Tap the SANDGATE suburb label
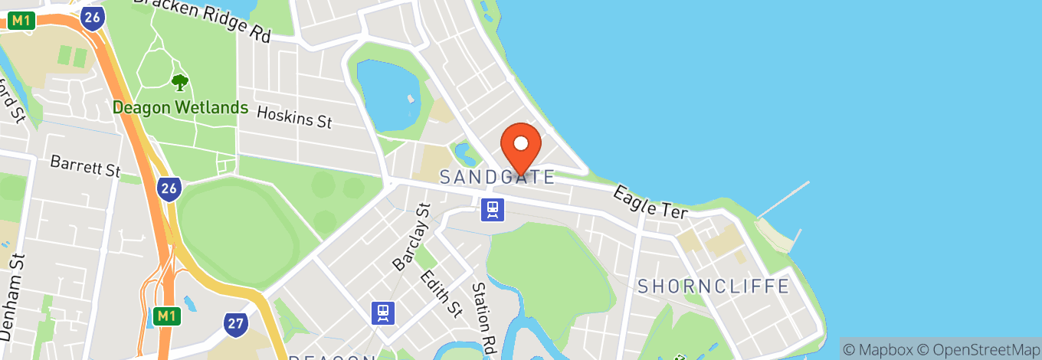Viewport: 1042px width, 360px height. pyautogui.click(x=496, y=178)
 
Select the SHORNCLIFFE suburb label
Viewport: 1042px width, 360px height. pyautogui.click(x=713, y=286)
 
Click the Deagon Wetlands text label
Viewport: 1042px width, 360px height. pyautogui.click(x=180, y=107)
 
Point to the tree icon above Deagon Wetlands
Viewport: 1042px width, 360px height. pyautogui.click(x=180, y=82)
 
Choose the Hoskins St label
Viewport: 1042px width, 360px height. pyautogui.click(x=294, y=117)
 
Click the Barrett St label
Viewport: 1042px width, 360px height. pyautogui.click(x=86, y=165)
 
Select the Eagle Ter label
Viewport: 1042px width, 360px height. pyautogui.click(x=650, y=201)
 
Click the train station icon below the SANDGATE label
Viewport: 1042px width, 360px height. pyautogui.click(x=493, y=209)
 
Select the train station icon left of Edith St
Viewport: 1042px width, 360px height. pyautogui.click(x=383, y=313)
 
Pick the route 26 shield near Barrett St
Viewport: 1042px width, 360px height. pyautogui.click(x=169, y=188)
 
